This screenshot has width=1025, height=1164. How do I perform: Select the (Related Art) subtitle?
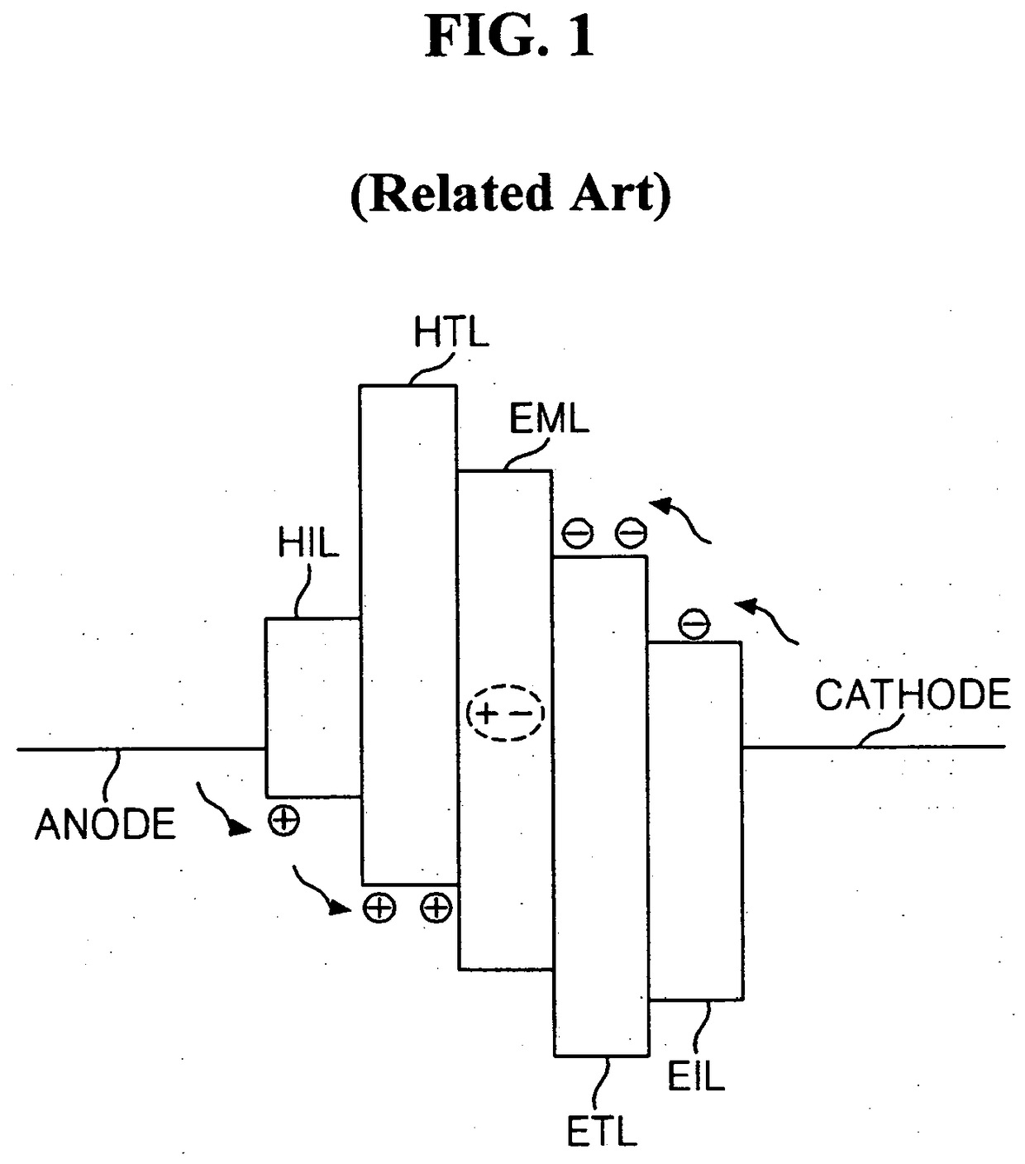pos(510,193)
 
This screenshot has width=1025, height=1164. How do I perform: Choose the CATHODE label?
pos(913,694)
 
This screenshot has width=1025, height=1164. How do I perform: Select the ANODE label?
pos(105,824)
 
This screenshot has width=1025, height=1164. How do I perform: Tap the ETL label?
pos(602,1131)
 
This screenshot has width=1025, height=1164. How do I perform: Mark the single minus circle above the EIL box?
pos(694,623)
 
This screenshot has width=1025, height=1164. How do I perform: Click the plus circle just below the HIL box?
pos(284,820)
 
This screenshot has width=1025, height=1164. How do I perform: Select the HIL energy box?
pos(313,708)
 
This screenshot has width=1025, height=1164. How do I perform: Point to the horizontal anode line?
pos(141,749)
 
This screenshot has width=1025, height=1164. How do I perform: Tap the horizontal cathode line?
pos(874,747)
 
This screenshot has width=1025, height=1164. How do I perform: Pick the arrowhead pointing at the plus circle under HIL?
pos(241,828)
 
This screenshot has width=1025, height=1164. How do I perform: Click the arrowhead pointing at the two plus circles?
pos(340,908)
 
